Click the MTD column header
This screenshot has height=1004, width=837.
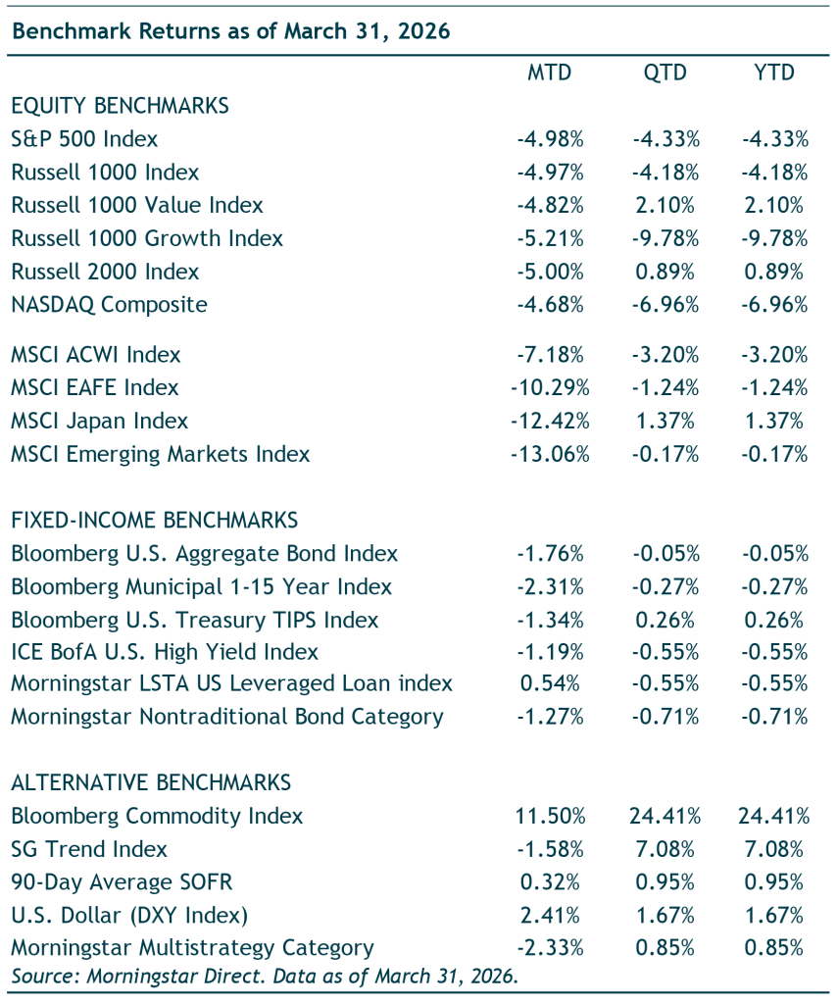[x=549, y=73]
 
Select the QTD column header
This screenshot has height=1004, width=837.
[x=665, y=73]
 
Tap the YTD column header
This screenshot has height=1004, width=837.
[x=774, y=73]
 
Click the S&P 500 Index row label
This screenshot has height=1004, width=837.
[x=84, y=139]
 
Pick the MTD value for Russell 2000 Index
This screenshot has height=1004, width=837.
[x=550, y=272]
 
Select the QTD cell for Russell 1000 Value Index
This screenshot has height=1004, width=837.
[x=665, y=205]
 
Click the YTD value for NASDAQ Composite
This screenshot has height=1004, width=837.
[x=774, y=304]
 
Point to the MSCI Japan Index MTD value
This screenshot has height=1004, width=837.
[x=550, y=421]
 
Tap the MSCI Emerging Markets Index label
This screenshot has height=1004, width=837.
[x=161, y=454]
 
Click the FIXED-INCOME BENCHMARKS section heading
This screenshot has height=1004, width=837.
[x=155, y=520]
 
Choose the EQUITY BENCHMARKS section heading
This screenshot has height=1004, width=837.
[x=121, y=106]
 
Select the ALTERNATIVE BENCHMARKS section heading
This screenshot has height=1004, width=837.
[x=151, y=782]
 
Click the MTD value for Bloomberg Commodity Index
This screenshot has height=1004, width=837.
[x=550, y=816]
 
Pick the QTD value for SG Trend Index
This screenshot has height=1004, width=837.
[x=665, y=849]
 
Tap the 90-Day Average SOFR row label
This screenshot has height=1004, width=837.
[x=122, y=882]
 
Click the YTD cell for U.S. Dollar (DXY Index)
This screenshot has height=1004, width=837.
[x=773, y=915]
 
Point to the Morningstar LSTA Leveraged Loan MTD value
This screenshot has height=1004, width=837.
[x=550, y=683]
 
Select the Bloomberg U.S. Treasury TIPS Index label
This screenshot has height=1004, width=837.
[x=194, y=620]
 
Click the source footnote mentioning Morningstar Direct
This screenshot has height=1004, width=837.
[x=265, y=976]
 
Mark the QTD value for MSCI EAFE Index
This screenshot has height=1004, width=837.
[x=665, y=387]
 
